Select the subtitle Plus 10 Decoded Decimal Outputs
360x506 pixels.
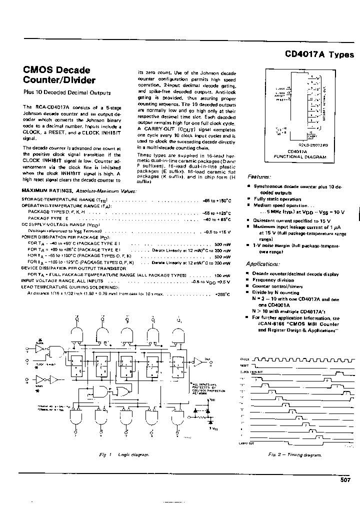(x=67, y=92)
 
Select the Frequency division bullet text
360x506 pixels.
(x=270, y=280)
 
